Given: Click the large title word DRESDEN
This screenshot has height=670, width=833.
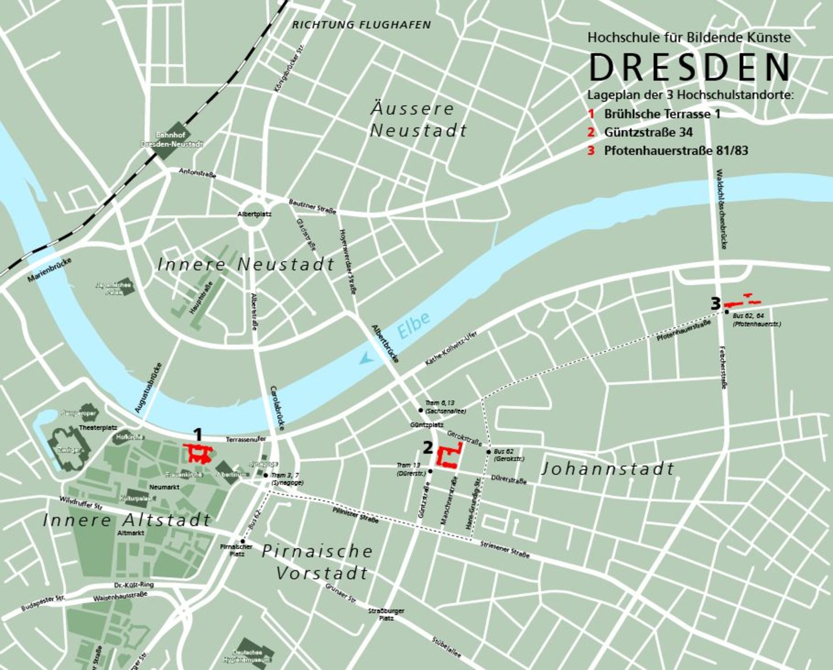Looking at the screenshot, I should tap(689, 68).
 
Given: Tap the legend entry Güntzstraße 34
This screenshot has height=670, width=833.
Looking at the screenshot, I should tap(648, 132).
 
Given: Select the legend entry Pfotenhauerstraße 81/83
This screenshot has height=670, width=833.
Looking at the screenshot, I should tap(676, 151).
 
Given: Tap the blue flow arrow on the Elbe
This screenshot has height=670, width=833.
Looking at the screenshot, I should tap(366, 357).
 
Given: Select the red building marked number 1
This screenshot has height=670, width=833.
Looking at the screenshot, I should tap(199, 454).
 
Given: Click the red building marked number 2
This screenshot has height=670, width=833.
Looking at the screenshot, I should tap(448, 457).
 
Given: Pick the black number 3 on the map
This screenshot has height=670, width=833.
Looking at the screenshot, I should tap(715, 304).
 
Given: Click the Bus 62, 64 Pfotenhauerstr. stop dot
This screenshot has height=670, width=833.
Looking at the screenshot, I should tap(726, 312).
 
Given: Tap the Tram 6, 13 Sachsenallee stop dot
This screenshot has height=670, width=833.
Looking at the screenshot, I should tap(421, 410).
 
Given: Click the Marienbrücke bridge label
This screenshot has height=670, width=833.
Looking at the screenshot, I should tap(50, 270).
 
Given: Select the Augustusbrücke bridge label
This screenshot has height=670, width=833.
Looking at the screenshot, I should tap(148, 388).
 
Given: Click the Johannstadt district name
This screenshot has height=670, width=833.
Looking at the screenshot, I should tap(608, 469).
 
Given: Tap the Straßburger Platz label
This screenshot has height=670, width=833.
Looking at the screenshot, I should tap(386, 615).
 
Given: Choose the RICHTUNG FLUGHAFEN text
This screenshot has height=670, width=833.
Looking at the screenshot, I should tap(361, 25).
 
